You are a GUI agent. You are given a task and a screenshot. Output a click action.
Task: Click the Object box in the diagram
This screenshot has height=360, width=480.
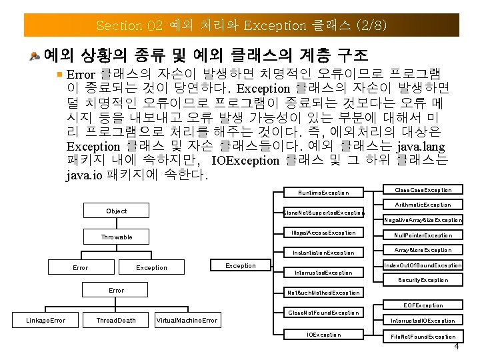tap(117, 211)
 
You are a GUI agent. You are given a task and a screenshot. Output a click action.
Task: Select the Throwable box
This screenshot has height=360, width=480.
tap(117, 237)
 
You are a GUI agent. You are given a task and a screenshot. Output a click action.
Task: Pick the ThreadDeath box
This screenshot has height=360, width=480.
tap(116, 321)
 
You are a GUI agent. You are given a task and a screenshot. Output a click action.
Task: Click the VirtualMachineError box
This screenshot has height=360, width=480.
tap(187, 321)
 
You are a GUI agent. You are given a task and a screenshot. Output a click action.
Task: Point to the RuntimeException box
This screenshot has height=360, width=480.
tap(323, 193)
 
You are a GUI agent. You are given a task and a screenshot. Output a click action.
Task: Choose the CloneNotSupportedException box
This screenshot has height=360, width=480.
tap(323, 213)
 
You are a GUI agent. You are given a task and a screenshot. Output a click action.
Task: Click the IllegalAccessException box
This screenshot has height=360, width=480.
tap(323, 233)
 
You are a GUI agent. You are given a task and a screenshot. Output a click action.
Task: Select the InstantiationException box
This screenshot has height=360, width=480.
tap(323, 253)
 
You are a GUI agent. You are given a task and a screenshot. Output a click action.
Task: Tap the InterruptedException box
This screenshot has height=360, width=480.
tap(323, 273)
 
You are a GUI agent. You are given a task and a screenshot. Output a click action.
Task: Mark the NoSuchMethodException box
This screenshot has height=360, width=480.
tap(323, 293)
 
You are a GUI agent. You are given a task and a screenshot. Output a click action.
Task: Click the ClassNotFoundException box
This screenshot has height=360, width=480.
tap(323, 313)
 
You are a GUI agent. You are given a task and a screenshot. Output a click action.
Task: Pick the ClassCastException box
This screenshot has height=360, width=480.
tap(423, 190)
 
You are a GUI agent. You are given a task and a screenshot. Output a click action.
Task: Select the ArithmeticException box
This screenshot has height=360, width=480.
tap(423, 205)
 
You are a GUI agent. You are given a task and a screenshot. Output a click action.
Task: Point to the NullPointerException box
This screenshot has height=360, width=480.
tap(423, 235)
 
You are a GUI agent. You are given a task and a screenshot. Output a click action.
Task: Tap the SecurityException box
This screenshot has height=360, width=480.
tap(423, 280)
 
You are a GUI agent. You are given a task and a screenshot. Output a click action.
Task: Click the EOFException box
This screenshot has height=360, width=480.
tap(423, 305)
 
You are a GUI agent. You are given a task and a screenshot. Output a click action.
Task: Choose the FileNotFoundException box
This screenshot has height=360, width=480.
tap(423, 337)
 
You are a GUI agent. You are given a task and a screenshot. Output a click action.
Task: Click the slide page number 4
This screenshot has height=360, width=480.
tap(456, 347)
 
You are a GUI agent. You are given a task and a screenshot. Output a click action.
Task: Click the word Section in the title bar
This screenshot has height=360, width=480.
tap(119, 26)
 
